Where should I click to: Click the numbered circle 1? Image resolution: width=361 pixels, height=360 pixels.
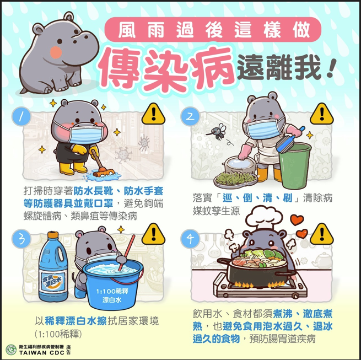(x=21, y=116)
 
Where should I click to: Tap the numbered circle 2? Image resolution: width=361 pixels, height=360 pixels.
(x=190, y=116)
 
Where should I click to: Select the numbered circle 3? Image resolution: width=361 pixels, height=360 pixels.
(x=21, y=239)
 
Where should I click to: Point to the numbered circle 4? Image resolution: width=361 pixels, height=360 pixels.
(x=190, y=239)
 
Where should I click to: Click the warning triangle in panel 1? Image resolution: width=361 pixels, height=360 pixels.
(x=153, y=115)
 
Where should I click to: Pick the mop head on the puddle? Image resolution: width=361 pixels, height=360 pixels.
(x=104, y=173)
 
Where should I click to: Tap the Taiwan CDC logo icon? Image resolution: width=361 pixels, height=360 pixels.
(x=11, y=350)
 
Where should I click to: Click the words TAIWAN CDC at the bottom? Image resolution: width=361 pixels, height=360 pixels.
(x=42, y=353)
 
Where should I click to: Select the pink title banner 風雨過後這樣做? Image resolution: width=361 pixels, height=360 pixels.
(x=213, y=29)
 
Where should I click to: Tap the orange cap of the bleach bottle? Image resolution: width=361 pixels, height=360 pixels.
(x=53, y=235)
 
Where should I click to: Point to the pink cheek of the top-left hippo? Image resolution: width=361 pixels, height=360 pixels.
(x=56, y=52)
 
